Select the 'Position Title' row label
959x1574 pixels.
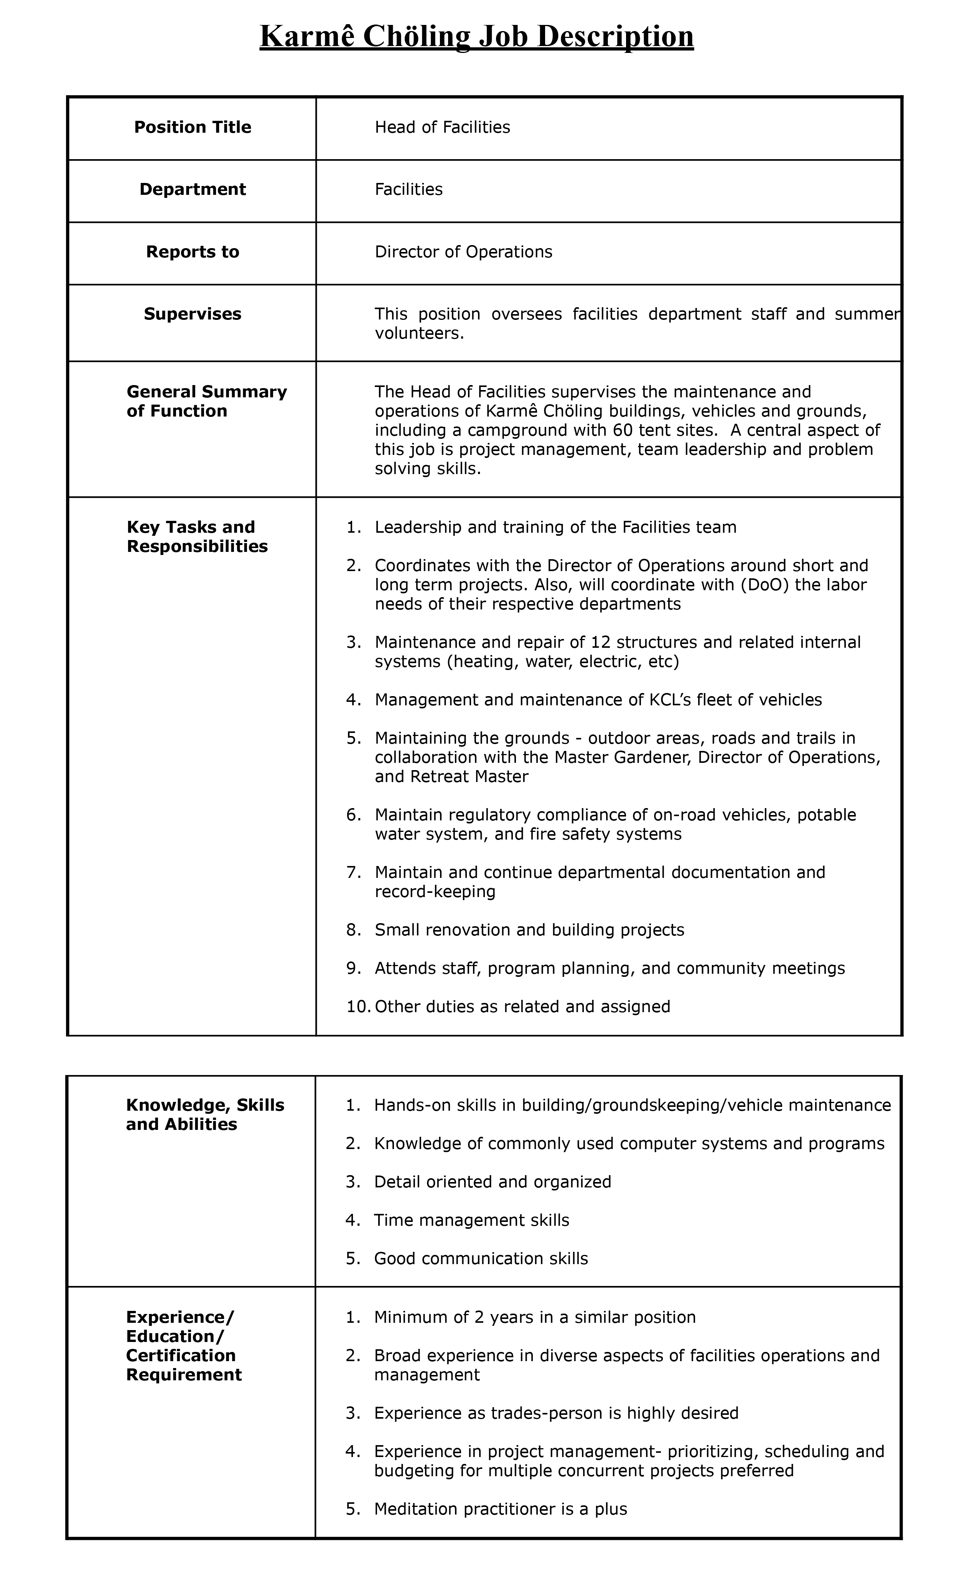pyautogui.click(x=192, y=127)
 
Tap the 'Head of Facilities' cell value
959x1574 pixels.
pyautogui.click(x=442, y=127)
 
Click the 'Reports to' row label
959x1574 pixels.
pyautogui.click(x=192, y=252)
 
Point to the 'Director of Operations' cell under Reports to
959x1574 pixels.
pyautogui.click(x=463, y=252)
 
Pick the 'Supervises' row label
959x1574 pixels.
pyautogui.click(x=192, y=314)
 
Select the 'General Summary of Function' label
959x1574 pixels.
pyautogui.click(x=206, y=401)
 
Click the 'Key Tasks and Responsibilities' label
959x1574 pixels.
pyautogui.click(x=197, y=537)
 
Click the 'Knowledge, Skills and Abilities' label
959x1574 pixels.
pyautogui.click(x=204, y=1115)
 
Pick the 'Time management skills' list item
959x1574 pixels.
pyautogui.click(x=471, y=1220)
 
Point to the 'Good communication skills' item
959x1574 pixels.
pyautogui.click(x=480, y=1258)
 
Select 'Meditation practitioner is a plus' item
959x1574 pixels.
pyautogui.click(x=500, y=1509)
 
